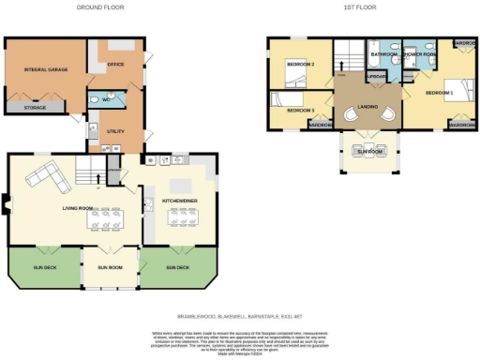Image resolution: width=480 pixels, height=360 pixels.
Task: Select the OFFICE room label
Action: (x=116, y=65)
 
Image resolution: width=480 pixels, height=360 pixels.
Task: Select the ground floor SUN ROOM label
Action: (x=111, y=267)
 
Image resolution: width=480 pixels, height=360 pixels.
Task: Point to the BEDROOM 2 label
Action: (x=300, y=65)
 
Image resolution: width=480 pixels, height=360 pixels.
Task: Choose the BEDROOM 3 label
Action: (x=299, y=110)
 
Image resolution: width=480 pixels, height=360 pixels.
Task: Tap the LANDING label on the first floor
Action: (x=367, y=106)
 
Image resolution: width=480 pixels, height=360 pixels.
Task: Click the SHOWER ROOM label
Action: (x=418, y=54)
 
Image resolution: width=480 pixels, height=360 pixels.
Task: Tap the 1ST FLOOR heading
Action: (x=359, y=6)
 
